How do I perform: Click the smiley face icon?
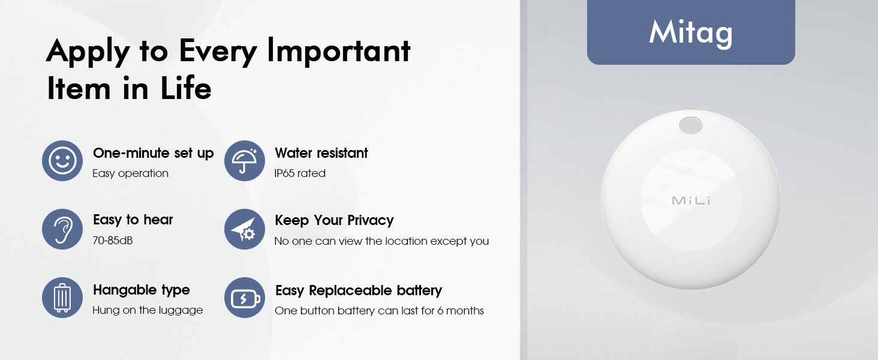click(x=62, y=161)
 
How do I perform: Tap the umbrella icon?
click(x=245, y=161)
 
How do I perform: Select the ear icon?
click(x=62, y=229)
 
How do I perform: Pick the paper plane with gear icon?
click(x=245, y=229)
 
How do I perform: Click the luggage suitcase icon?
click(x=62, y=298)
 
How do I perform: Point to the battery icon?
click(x=245, y=298)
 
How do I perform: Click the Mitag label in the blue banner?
click(x=691, y=32)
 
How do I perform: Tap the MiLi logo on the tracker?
click(x=691, y=200)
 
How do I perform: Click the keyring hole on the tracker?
click(x=691, y=126)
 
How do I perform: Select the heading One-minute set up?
click(x=153, y=153)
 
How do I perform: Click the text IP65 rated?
click(x=300, y=173)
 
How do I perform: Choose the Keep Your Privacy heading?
click(x=334, y=220)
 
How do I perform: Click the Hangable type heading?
click(x=142, y=290)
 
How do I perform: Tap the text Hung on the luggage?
click(x=148, y=310)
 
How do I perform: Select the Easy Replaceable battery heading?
click(x=358, y=290)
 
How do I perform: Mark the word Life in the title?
click(x=186, y=88)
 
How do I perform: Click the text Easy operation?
click(x=130, y=173)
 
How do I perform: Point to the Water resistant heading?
click(x=321, y=153)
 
